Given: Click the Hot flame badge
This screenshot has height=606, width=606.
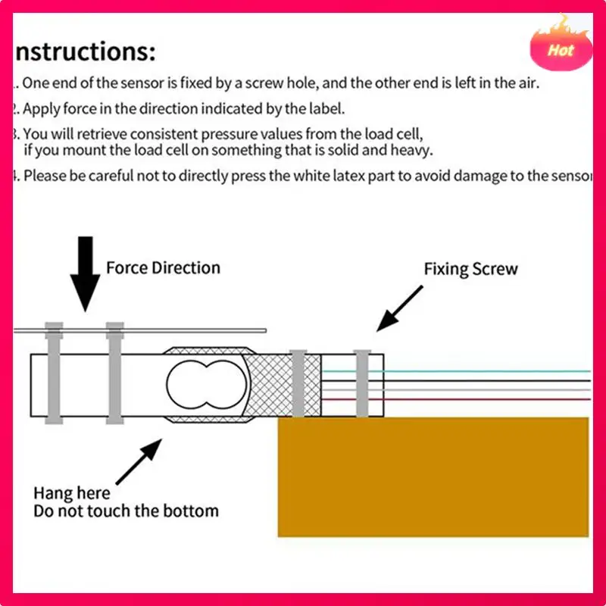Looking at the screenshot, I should (561, 45).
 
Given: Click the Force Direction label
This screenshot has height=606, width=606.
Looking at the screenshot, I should (163, 267).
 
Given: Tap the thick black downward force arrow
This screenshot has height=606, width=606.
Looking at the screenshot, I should (86, 273).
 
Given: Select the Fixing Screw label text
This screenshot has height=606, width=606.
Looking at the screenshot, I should (470, 269).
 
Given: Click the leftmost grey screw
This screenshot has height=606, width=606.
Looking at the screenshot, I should (54, 373).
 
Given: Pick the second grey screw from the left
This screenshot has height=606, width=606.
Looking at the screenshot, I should (115, 373).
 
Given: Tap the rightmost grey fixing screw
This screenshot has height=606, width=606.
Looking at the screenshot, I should (363, 383).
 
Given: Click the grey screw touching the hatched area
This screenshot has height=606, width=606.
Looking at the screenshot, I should (298, 383).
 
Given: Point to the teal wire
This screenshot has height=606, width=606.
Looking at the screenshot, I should (485, 371).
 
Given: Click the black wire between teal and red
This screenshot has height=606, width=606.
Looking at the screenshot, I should (485, 380).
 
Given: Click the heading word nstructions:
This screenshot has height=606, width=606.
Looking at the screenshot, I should (86, 52).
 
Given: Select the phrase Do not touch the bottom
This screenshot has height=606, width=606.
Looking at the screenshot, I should (126, 511).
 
